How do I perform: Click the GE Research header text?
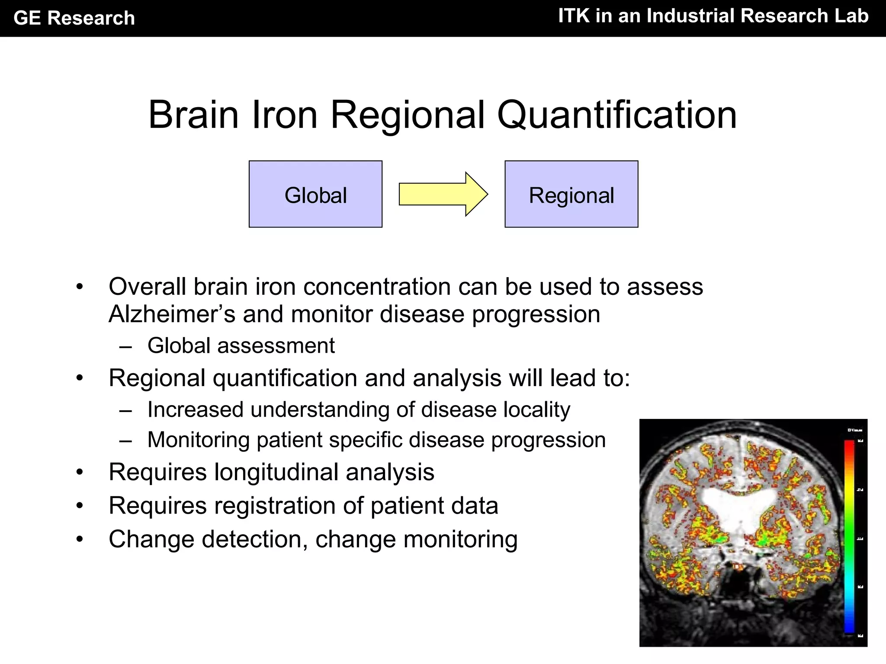click(x=74, y=18)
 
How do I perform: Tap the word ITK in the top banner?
click(x=574, y=16)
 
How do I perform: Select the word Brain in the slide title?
click(x=193, y=115)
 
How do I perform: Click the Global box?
click(x=315, y=194)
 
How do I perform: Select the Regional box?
click(x=571, y=194)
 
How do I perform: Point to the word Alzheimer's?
click(x=172, y=314)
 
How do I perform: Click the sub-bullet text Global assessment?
click(x=241, y=346)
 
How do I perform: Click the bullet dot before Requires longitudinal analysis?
click(x=79, y=472)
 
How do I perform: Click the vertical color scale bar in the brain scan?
click(x=849, y=536)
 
